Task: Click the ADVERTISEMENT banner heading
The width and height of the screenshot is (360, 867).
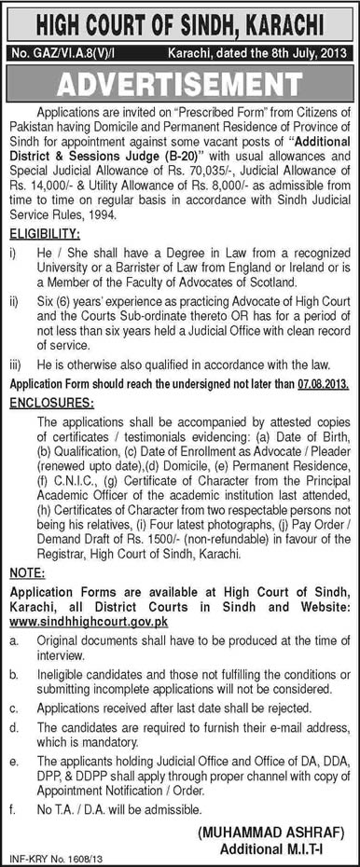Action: point(180,86)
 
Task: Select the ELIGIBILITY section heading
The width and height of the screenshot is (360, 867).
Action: point(47,239)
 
